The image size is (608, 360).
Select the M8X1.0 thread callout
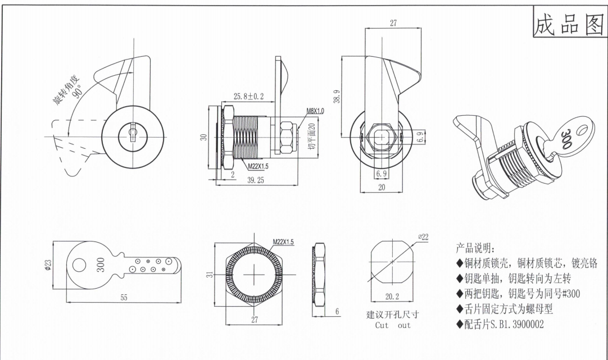(315, 111)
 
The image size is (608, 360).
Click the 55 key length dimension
(124, 298)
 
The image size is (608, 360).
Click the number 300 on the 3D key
(566, 138)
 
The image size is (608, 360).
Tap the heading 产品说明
(475, 249)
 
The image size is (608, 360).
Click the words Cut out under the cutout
(393, 325)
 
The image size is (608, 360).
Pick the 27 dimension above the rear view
(393, 23)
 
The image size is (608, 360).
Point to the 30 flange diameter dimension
(205, 136)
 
